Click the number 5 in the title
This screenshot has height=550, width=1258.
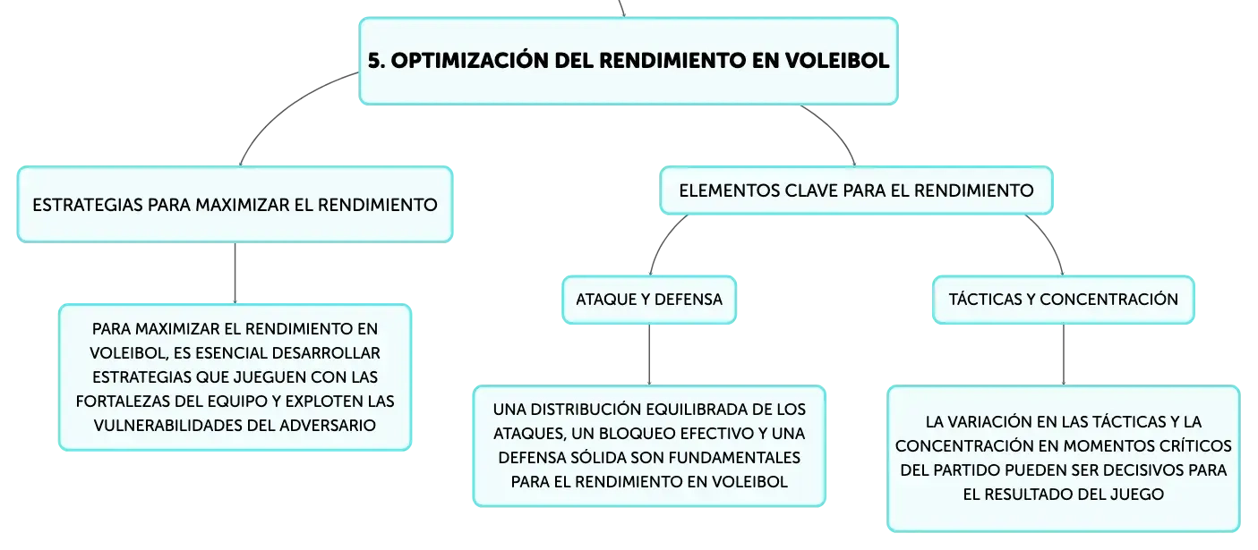click(376, 61)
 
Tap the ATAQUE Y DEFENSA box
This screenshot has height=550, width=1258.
click(649, 300)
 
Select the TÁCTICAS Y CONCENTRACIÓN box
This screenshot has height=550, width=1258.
click(1063, 300)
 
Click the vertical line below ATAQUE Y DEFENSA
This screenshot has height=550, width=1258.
click(649, 355)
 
